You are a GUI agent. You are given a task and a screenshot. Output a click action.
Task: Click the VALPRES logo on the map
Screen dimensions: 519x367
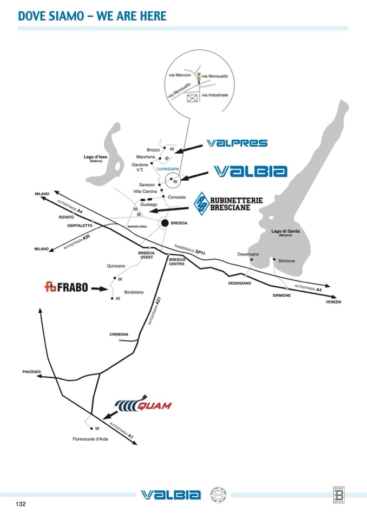tap(237, 143)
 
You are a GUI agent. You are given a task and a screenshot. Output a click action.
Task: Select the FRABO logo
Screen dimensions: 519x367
tap(66, 287)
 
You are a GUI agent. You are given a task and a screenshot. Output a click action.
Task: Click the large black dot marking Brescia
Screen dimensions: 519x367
tap(166, 222)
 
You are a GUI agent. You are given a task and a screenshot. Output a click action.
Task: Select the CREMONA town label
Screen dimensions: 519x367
tap(119, 335)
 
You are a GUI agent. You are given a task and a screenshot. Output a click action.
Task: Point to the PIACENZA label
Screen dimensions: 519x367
tap(31, 372)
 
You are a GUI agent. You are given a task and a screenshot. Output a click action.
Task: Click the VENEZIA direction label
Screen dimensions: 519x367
tap(333, 301)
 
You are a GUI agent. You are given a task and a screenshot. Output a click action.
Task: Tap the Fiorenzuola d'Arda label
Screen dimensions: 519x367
tap(91, 439)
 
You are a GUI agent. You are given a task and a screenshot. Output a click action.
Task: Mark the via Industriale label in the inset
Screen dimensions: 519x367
tap(215, 95)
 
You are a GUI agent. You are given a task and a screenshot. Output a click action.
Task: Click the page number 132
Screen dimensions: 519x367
tap(21, 504)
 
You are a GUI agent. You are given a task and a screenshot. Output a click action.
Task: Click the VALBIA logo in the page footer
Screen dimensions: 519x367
tap(171, 495)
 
